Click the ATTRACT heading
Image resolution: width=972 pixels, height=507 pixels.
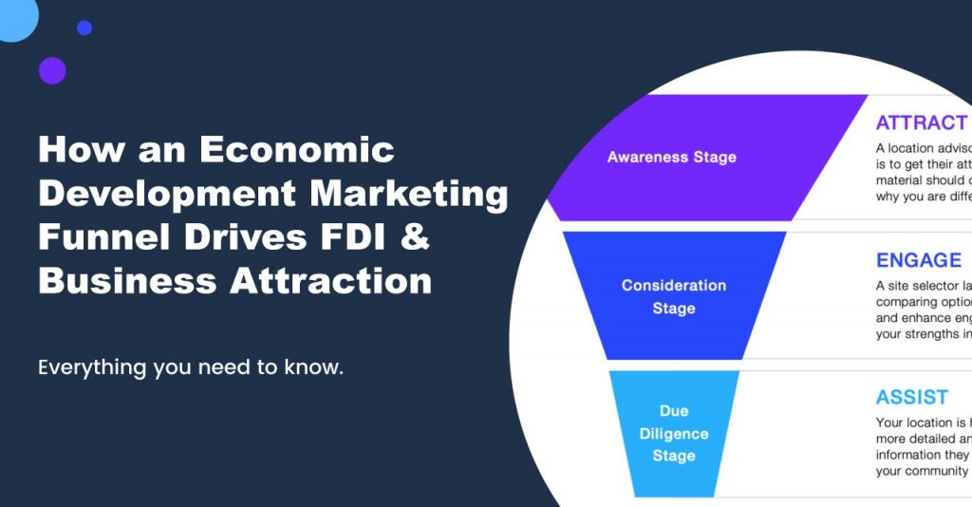pos(921,123)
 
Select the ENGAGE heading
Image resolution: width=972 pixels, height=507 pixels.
pos(918,260)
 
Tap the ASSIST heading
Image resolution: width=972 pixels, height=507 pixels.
pos(911,397)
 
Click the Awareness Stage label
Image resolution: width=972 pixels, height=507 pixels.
pos(671,157)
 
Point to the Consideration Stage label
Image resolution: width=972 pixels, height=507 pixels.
pos(673,296)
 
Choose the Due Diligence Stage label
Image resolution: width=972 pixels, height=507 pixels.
pos(673,433)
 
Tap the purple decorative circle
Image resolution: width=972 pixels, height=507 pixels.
pos(52,70)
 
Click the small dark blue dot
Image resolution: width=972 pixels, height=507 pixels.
pos(84,28)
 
